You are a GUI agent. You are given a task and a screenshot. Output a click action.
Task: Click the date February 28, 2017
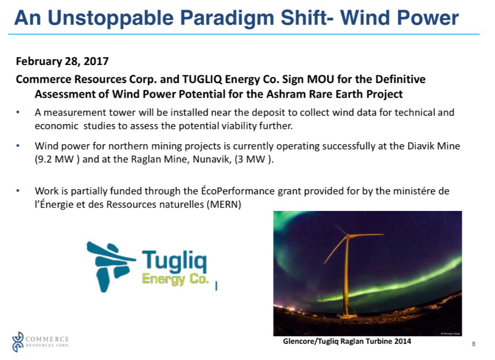pos(62,61)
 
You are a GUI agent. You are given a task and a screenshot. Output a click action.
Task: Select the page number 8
pos(474,344)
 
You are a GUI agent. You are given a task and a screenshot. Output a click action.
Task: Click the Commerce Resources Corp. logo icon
pos(18,342)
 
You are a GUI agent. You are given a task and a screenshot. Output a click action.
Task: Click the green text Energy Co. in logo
pos(175,279)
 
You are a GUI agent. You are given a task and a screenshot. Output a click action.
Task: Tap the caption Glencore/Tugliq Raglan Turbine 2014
pos(347,341)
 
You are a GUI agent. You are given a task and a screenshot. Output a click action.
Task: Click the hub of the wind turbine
pos(348,235)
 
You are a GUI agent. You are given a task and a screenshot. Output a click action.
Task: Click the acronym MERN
pos(224,204)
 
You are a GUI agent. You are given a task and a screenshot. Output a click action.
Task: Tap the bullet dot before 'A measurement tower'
pos(18,112)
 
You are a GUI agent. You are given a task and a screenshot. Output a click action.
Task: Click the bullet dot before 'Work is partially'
pos(18,191)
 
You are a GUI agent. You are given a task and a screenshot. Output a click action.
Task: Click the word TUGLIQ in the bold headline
pos(203,79)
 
